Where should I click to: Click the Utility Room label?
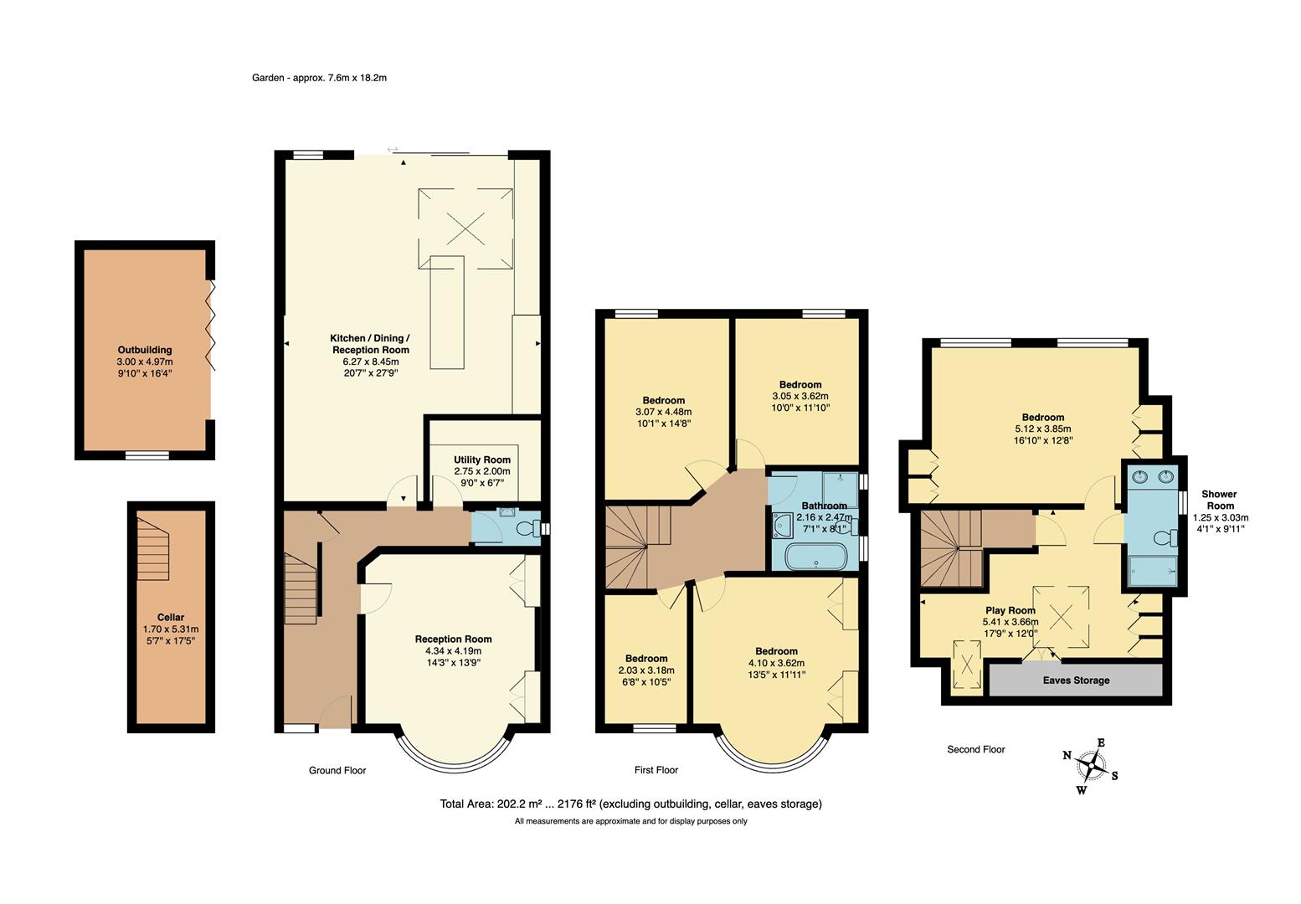(x=481, y=460)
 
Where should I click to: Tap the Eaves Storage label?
(x=1076, y=680)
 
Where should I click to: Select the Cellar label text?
(x=171, y=617)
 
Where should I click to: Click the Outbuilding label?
(x=145, y=350)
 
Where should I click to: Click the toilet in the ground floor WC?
(x=527, y=528)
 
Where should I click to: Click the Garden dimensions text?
(x=319, y=78)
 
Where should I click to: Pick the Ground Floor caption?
(x=337, y=770)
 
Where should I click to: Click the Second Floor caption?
(x=975, y=749)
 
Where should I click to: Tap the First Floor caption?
(x=656, y=770)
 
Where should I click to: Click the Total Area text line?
(x=630, y=804)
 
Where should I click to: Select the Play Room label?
(x=1010, y=610)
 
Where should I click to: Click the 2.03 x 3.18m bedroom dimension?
(x=645, y=670)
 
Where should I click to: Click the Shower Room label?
(x=1220, y=500)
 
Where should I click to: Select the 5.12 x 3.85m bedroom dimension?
(x=1042, y=429)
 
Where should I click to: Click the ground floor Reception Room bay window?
(x=453, y=749)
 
